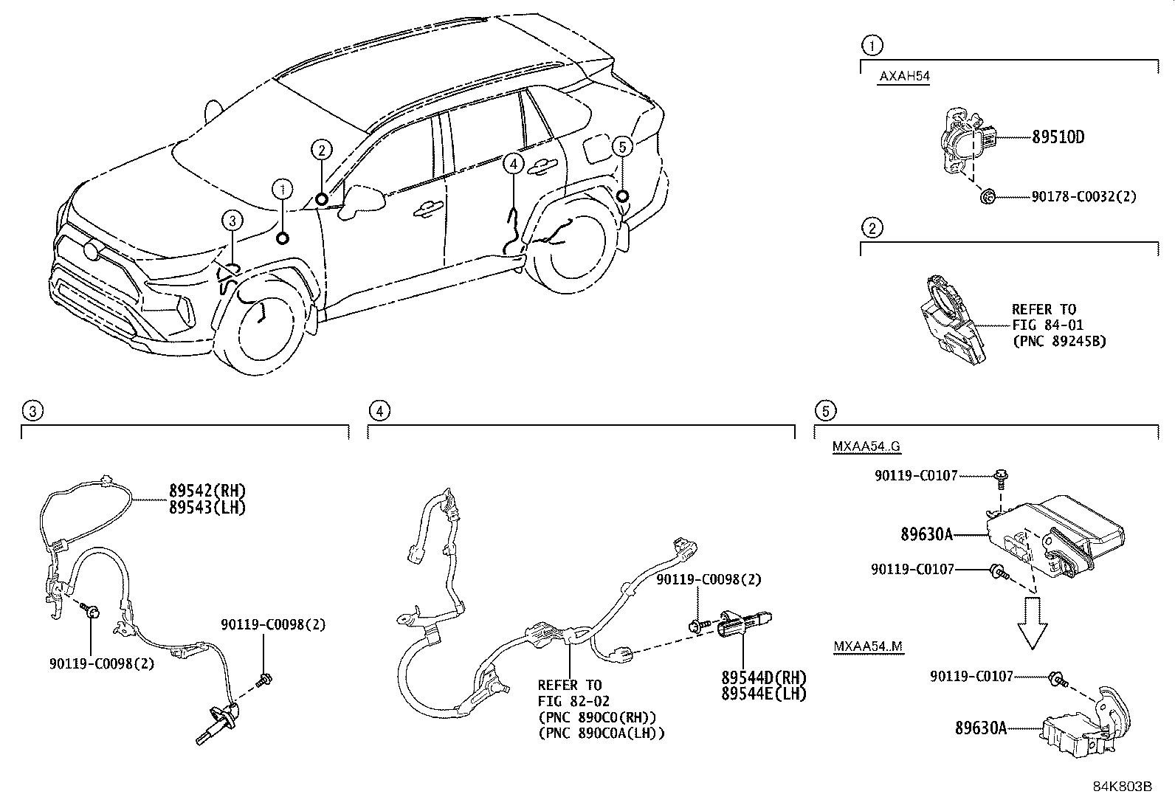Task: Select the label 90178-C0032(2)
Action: pyautogui.click(x=1083, y=196)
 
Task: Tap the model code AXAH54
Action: pyautogui.click(x=903, y=77)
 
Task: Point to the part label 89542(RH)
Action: pyautogui.click(x=207, y=491)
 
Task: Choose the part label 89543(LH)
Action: pyautogui.click(x=207, y=508)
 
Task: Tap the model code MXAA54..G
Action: pyautogui.click(x=866, y=446)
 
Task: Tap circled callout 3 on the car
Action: pyautogui.click(x=232, y=219)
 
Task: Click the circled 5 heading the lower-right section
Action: pyautogui.click(x=825, y=411)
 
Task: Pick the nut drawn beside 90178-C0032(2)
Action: pyautogui.click(x=988, y=196)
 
